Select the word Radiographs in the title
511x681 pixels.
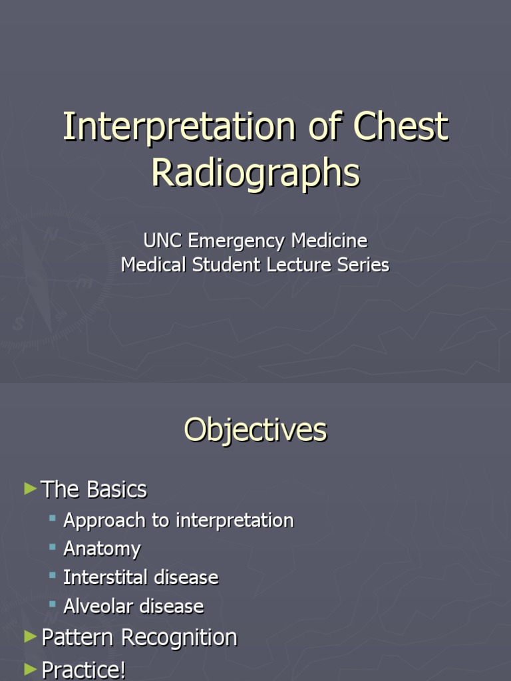point(255,172)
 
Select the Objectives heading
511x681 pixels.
point(255,430)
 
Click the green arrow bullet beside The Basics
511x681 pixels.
point(29,489)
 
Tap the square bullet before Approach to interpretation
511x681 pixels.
point(53,517)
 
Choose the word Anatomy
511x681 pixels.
point(102,549)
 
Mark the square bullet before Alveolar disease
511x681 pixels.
point(53,604)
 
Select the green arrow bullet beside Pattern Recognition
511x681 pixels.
point(29,636)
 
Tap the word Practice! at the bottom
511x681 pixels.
point(83,669)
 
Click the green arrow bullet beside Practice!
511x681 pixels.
point(29,667)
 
